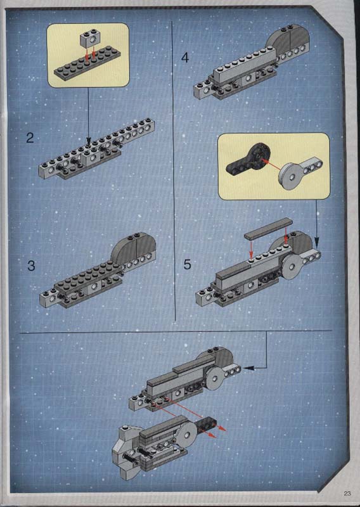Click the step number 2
pyautogui.click(x=30, y=138)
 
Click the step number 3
pyautogui.click(x=31, y=266)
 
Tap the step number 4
pyautogui.click(x=184, y=58)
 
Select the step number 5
pyautogui.click(x=187, y=264)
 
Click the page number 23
pyautogui.click(x=347, y=494)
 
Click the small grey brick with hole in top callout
pyautogui.click(x=89, y=40)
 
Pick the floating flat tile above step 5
pyautogui.click(x=269, y=228)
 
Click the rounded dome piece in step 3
pyautogui.click(x=133, y=247)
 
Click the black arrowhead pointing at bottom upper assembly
pyautogui.click(x=248, y=368)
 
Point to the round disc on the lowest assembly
pyautogui.click(x=186, y=434)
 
